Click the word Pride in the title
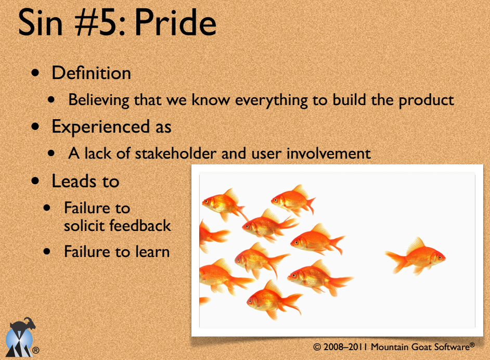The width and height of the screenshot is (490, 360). [175, 22]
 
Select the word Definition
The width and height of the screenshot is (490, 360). [91, 73]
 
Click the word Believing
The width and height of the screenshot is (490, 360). [99, 100]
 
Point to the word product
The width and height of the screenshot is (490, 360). [426, 100]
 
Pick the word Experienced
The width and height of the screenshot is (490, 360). [100, 127]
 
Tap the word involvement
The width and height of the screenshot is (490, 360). [328, 153]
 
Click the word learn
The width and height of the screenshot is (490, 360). [152, 252]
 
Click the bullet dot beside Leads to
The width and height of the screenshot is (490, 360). [35, 181]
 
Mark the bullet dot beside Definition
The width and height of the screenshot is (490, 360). [35, 73]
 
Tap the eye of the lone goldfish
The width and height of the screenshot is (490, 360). [440, 258]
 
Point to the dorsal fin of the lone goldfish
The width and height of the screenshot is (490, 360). [416, 245]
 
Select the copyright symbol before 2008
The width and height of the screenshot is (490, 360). [317, 347]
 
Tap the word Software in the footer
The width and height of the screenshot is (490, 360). [452, 346]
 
